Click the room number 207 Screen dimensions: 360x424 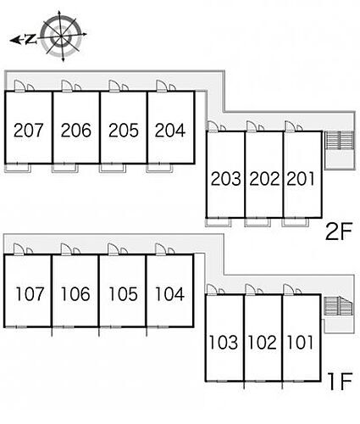(x=29, y=131)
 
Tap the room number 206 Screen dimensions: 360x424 (x=76, y=131)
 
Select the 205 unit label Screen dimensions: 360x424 (x=124, y=131)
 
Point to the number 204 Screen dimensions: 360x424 (x=170, y=131)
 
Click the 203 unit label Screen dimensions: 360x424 (x=226, y=179)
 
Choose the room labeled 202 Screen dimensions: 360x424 (x=264, y=179)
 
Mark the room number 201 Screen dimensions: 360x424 (x=301, y=179)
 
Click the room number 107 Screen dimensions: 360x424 (x=30, y=293)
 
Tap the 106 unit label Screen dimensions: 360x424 (x=75, y=293)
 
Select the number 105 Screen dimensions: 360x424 (x=124, y=293)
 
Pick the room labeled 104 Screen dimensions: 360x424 (x=170, y=293)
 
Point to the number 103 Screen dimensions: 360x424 (x=223, y=343)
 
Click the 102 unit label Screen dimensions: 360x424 (x=262, y=343)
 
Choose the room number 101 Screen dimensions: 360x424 (x=300, y=343)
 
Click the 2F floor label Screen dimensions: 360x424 (x=339, y=232)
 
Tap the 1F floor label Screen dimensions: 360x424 (x=340, y=382)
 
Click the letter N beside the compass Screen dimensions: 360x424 (x=30, y=39)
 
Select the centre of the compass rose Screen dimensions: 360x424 (x=61, y=36)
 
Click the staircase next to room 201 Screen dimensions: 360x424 (x=339, y=141)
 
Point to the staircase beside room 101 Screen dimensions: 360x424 (x=338, y=306)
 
